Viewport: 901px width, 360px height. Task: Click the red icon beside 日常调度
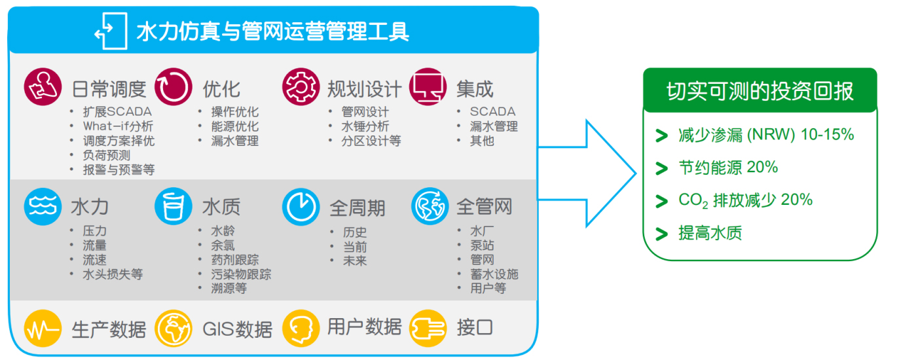(x=43, y=86)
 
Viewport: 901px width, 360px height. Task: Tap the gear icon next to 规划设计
(x=301, y=86)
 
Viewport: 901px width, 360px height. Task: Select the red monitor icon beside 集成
(x=428, y=86)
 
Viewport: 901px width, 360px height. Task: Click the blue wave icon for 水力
(x=43, y=206)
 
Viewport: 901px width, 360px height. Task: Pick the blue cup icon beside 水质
(x=174, y=206)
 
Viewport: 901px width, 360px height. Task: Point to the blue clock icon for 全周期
(x=301, y=206)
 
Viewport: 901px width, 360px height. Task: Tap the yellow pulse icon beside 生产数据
(x=43, y=328)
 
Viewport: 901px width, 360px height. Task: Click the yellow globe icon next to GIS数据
(x=174, y=328)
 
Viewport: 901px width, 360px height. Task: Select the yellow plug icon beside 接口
(x=428, y=328)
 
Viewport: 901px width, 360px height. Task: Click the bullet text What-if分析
(x=118, y=126)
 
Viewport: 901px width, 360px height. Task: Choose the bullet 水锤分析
(x=365, y=126)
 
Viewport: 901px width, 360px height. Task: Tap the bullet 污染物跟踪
(x=241, y=274)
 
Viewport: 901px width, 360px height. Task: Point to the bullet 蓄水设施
(x=494, y=274)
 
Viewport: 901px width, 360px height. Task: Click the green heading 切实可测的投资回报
(x=760, y=91)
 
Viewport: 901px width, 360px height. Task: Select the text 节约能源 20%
(x=728, y=168)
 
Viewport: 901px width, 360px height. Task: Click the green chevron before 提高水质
(x=661, y=234)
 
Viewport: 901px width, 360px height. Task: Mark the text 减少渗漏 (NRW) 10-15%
(x=766, y=135)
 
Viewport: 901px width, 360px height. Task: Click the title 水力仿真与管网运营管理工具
(x=272, y=31)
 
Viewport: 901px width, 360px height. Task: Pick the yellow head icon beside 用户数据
(x=301, y=328)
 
